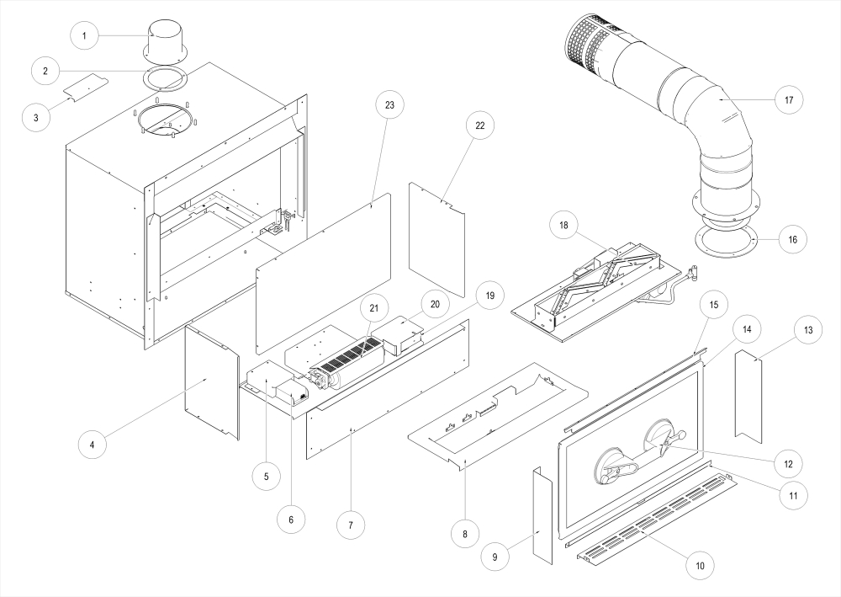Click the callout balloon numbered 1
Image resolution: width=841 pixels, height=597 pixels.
pos(85,36)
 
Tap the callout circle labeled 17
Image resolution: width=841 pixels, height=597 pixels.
pos(789,99)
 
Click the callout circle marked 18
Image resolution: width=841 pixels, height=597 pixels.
pos(564,226)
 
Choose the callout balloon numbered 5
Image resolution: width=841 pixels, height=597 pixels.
pos(266,476)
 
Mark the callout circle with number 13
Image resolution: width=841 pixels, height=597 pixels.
pos(807,330)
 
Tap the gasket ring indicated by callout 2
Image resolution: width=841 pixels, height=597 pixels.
pos(166,79)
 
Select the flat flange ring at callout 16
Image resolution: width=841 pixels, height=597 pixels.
pos(727,238)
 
